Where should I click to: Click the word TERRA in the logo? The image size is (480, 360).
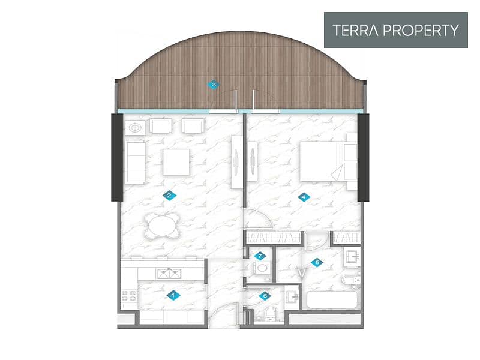355,30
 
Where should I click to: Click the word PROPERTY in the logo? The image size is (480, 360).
421,30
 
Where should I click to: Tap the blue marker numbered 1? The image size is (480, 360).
173,295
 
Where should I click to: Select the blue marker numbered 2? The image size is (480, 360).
169,196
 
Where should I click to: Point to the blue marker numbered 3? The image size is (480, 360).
214,85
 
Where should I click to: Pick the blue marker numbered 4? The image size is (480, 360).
304,197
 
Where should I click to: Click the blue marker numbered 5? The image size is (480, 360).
317,262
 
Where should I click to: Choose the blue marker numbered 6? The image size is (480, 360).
265,296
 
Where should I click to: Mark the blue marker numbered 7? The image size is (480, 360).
260,256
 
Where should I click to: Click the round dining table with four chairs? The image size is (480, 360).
163,226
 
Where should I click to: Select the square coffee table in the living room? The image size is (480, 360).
176,162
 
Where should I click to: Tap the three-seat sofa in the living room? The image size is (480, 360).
135,162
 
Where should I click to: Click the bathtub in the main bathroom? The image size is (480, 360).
332,299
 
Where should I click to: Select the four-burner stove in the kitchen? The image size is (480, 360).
129,296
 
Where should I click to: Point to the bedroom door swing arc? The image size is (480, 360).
261,216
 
